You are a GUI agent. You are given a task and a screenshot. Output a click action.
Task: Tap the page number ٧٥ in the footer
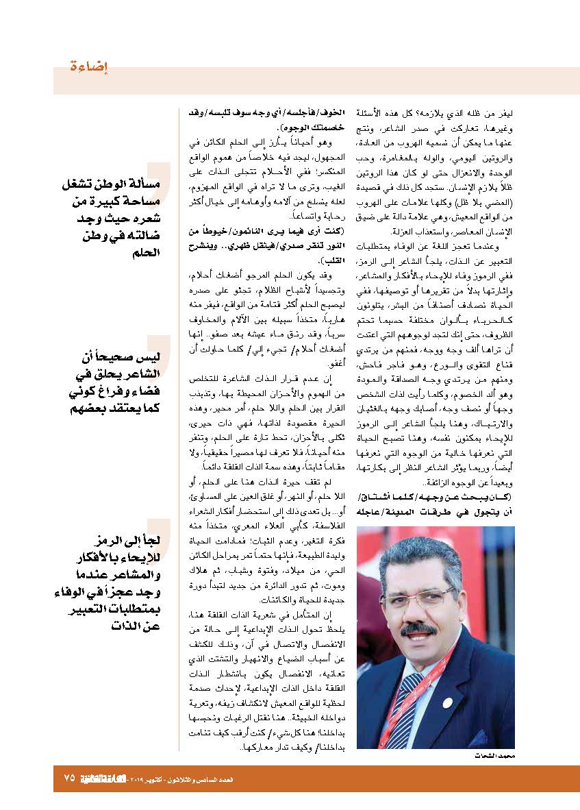tap(68, 778)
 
